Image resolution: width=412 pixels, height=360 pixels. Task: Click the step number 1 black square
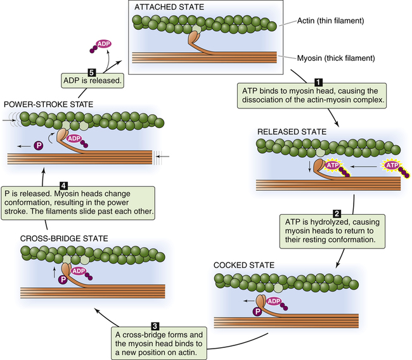click(319, 81)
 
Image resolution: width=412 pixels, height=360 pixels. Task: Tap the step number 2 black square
click(337, 214)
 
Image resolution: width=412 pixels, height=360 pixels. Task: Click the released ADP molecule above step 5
click(103, 44)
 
